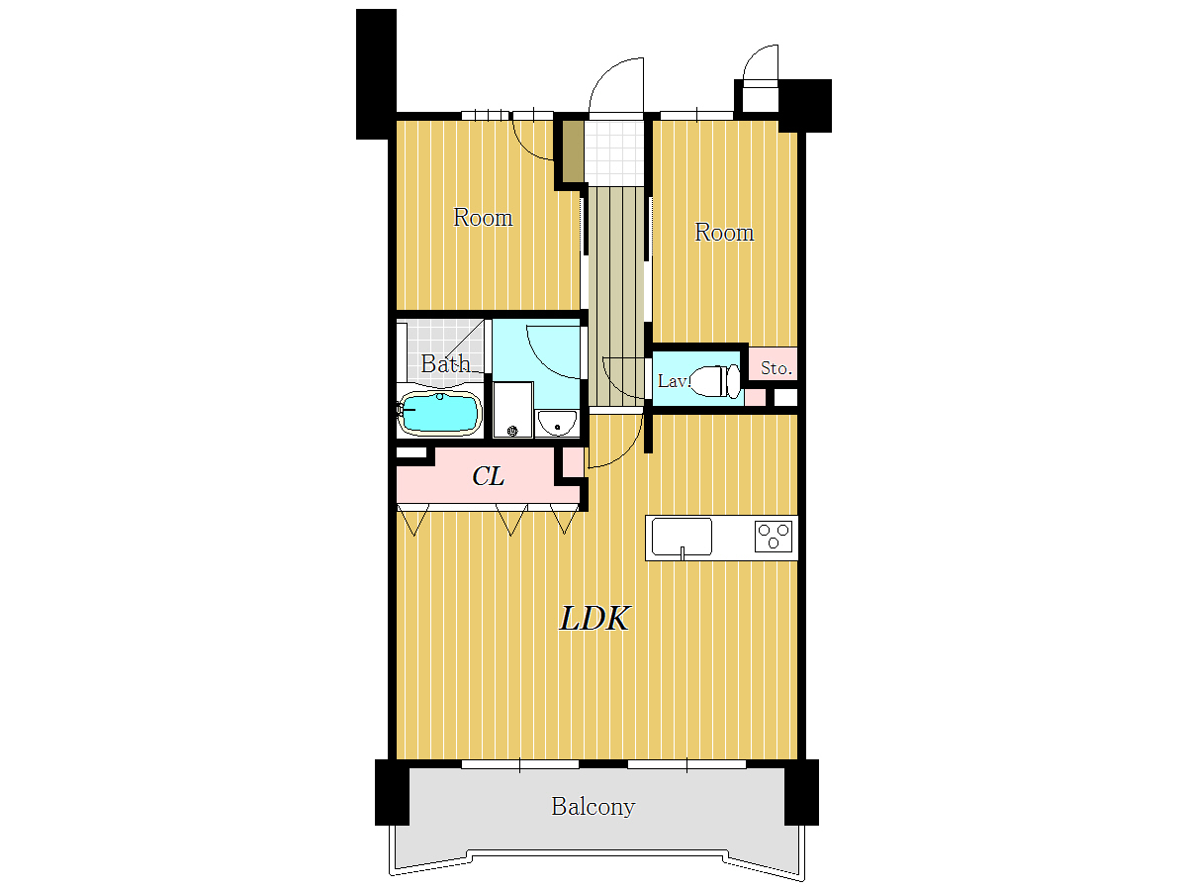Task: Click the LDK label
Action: [x=593, y=619]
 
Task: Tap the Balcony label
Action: [x=593, y=807]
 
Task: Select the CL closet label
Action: [x=488, y=476]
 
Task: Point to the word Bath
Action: [x=445, y=363]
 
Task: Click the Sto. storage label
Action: [x=776, y=368]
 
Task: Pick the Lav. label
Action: [x=674, y=381]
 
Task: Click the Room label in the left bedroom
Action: [x=483, y=218]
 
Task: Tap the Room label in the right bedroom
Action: [x=723, y=233]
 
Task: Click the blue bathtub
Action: [x=440, y=414]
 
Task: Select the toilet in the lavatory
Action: [x=715, y=381]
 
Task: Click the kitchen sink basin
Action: [x=682, y=537]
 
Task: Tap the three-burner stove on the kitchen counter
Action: [x=774, y=537]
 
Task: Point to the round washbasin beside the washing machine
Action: [x=557, y=423]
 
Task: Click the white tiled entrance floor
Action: [x=615, y=152]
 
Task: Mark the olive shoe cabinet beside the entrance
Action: [x=573, y=151]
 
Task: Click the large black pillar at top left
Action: [x=376, y=74]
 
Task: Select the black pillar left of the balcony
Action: [x=392, y=792]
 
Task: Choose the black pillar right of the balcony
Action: [x=801, y=792]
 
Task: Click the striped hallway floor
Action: [x=616, y=296]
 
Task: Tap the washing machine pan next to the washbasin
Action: [x=512, y=410]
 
